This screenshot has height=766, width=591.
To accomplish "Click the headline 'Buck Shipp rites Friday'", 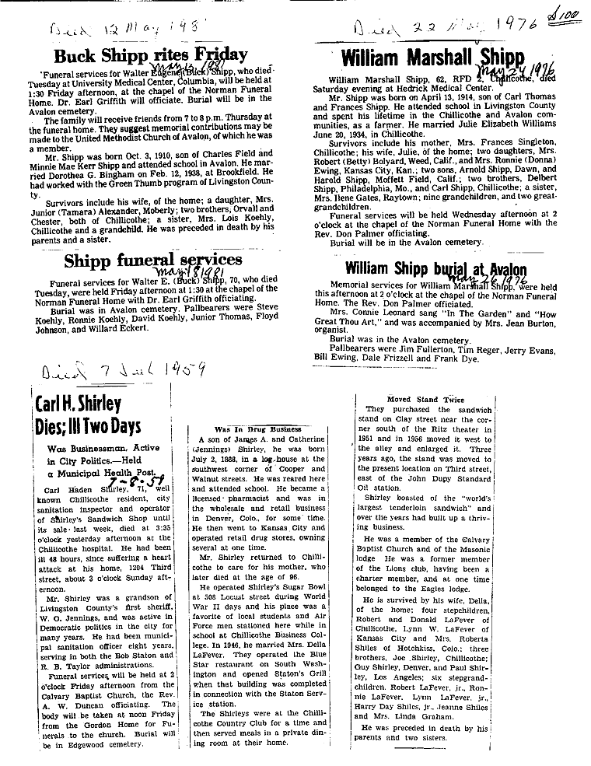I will point(151,55).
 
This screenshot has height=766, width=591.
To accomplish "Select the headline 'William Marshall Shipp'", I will point(433,58).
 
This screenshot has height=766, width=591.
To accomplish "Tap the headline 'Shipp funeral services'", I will point(153,260).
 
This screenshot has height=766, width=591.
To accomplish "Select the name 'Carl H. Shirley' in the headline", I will point(78,403).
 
